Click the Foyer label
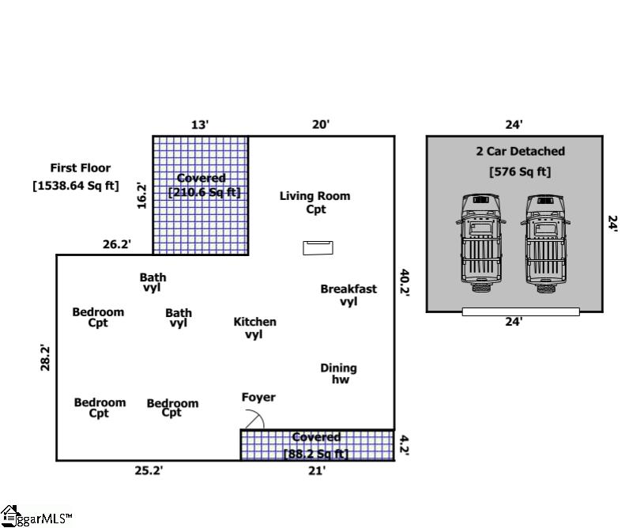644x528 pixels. (x=258, y=397)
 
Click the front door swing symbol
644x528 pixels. (x=255, y=418)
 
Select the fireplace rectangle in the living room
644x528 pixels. (x=318, y=247)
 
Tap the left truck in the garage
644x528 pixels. (x=481, y=243)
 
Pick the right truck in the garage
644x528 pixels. (x=545, y=243)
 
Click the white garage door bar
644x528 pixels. (x=521, y=312)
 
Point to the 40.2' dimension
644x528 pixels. (x=405, y=282)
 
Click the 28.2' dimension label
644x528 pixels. (x=45, y=358)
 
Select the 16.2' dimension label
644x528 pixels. (x=141, y=196)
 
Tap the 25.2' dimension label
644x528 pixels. (x=149, y=470)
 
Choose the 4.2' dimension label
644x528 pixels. (x=405, y=446)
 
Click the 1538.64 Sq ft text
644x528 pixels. (x=76, y=186)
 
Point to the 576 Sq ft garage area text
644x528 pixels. (x=520, y=172)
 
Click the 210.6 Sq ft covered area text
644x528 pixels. (x=205, y=192)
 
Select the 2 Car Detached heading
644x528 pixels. (x=521, y=151)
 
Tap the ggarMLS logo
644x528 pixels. (x=36, y=516)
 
